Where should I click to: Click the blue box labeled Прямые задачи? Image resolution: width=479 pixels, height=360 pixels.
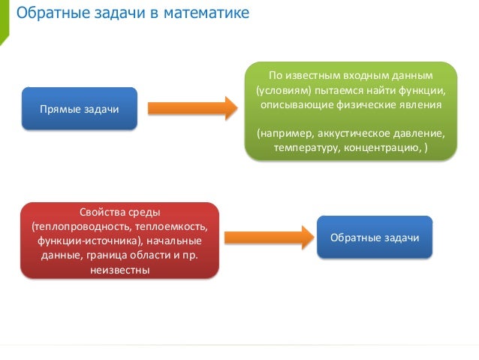[80, 110]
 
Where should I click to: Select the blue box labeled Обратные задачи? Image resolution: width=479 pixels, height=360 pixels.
[374, 237]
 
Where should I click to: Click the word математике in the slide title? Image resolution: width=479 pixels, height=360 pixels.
[209, 14]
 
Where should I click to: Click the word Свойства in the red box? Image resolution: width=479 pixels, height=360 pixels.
[103, 212]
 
